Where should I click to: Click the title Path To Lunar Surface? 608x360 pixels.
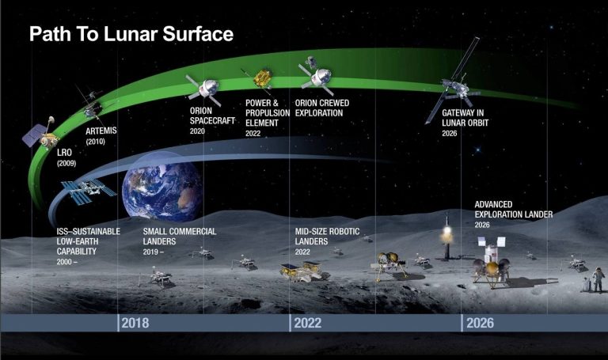(x=131, y=36)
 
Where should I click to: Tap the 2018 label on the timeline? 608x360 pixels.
(x=135, y=323)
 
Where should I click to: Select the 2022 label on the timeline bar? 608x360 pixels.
(x=307, y=323)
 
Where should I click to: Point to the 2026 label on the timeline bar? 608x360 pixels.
(x=481, y=323)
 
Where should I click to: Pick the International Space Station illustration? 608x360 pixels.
(x=88, y=190)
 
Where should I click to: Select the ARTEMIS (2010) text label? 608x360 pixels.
(x=101, y=135)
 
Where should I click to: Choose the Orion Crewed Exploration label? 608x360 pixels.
(x=321, y=108)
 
